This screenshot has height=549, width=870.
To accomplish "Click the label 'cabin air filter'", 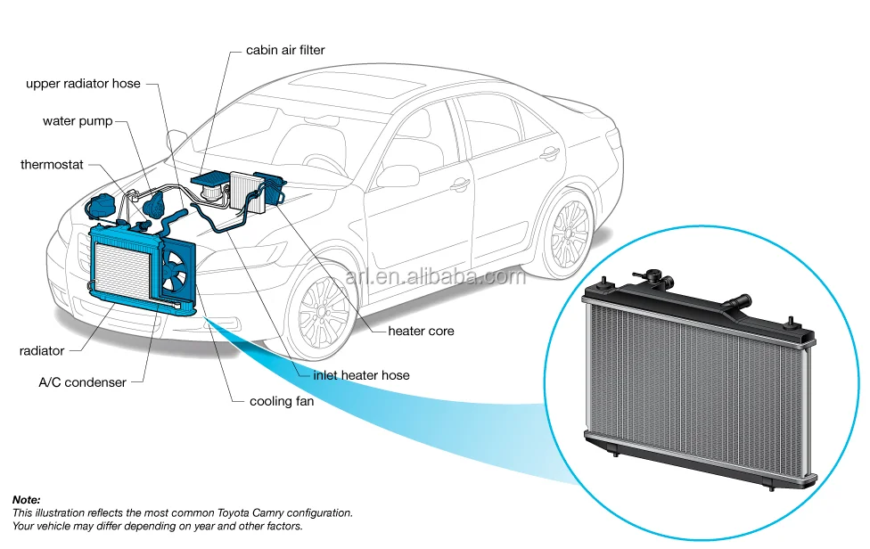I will coord(285,50).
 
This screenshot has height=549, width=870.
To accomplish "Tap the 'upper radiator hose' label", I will coord(83,83).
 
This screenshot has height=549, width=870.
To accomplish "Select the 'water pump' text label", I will coord(78,121).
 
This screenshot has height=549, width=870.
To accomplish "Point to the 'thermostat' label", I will coord(52,165).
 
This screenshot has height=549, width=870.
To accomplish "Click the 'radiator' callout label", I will coord(42,351).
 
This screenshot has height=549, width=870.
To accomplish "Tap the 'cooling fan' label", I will coord(282,401).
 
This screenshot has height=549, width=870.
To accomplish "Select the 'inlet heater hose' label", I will coord(361,375).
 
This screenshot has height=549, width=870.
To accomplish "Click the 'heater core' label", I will coord(421,331).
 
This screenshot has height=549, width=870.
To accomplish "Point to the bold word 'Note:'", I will coord(27,500).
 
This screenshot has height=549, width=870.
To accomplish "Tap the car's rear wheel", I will coord(568,234).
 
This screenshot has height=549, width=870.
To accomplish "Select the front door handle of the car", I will coord(460,184).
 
